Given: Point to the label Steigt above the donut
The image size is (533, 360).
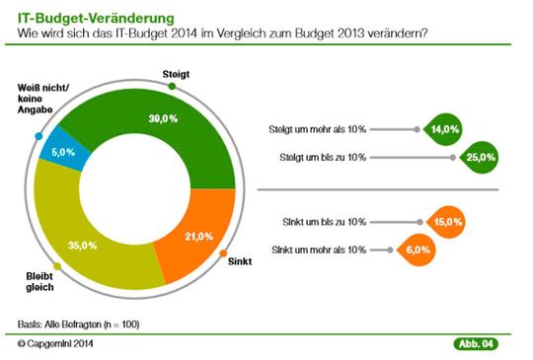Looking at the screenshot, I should point(175,74).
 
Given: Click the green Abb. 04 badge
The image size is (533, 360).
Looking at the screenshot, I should point(475,343).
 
